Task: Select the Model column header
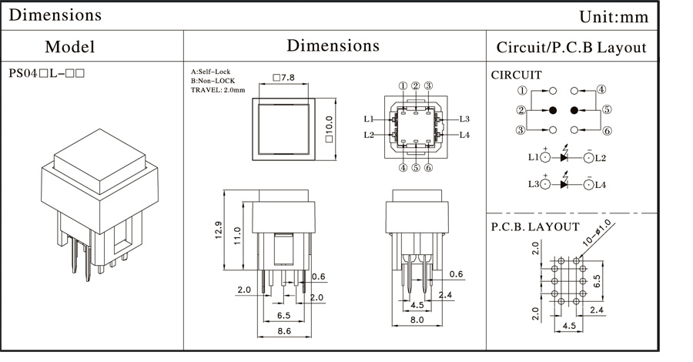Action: coord(69,46)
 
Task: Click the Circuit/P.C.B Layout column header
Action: coord(571,46)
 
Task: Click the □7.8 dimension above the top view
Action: coord(283,78)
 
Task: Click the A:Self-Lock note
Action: coord(210,72)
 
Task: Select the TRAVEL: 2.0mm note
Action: coord(218,90)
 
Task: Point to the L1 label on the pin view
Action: coord(369,119)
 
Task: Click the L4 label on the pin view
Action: coord(464,136)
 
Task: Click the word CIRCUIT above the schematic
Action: coord(516,75)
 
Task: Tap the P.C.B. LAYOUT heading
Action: coord(535,226)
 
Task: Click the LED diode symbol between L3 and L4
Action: coord(566,184)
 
